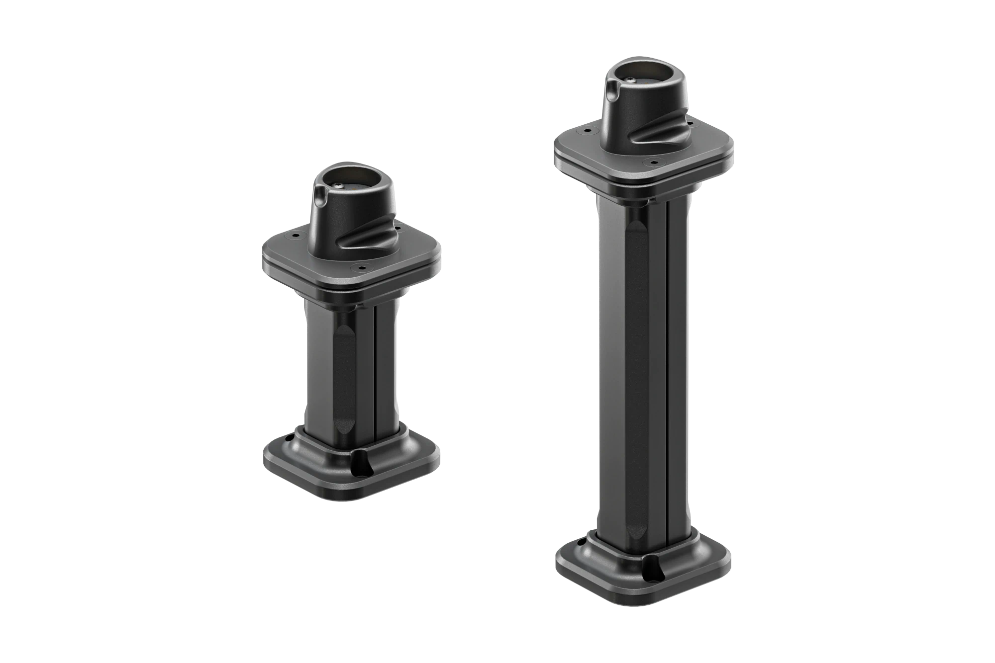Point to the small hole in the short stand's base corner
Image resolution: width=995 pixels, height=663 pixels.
pyautogui.click(x=289, y=439)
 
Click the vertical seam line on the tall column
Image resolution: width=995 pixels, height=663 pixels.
pyautogui.click(x=667, y=378)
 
